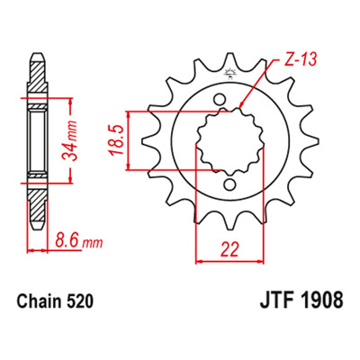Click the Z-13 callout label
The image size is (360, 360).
tap(300, 60)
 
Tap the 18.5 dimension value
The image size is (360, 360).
tap(117, 140)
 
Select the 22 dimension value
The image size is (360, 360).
tap(229, 248)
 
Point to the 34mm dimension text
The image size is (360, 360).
tap(68, 140)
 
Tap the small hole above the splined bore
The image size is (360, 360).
tap(220, 99)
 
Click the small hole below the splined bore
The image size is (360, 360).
tap(229, 184)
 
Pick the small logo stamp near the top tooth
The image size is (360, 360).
tap(230, 74)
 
